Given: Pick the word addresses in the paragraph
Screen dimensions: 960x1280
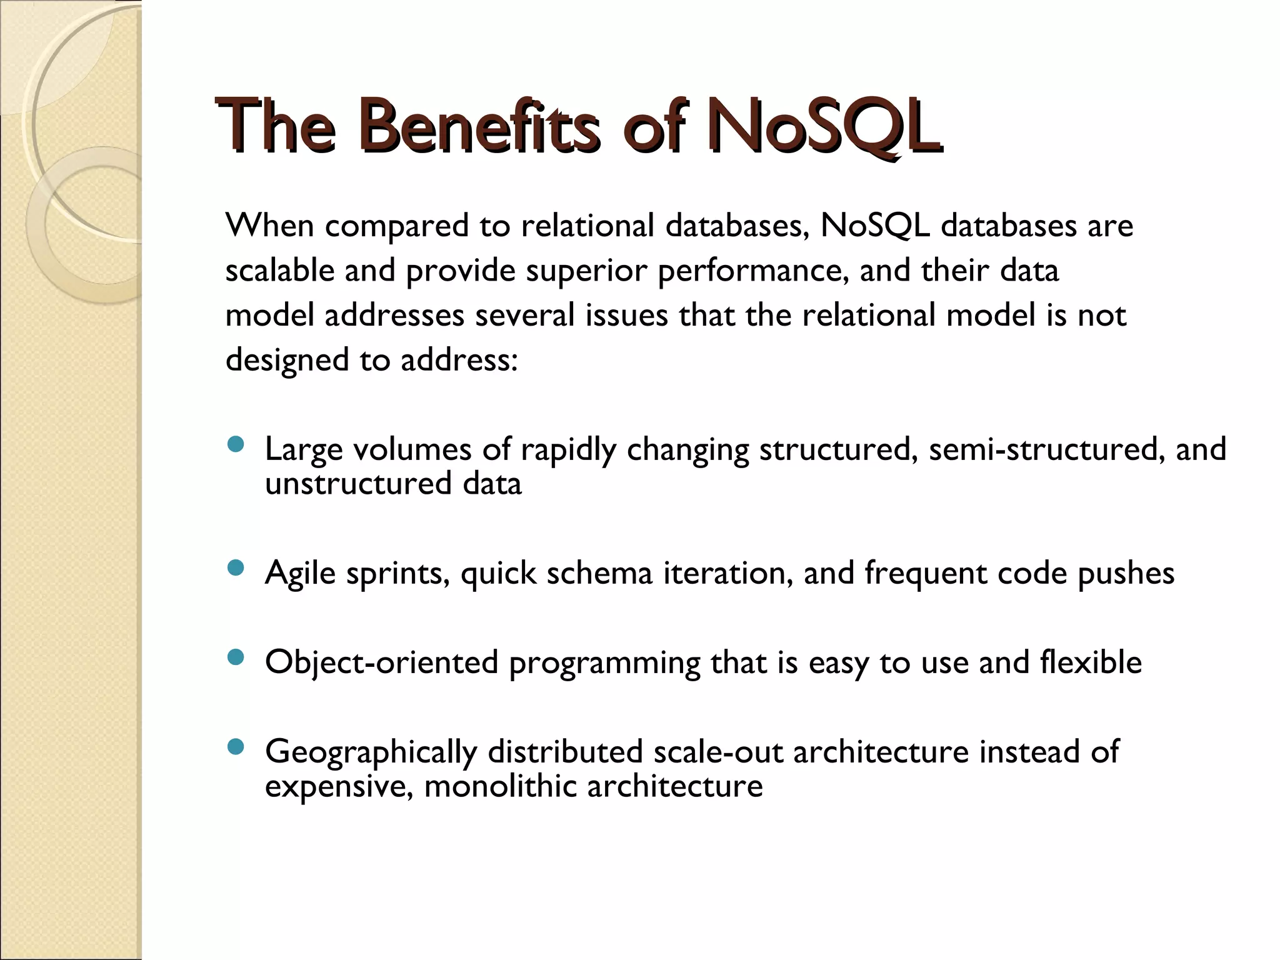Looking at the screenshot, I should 394,315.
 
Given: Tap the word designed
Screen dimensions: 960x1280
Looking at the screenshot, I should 287,361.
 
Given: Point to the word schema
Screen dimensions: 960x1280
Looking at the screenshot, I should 599,572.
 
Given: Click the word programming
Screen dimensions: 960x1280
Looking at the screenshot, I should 604,663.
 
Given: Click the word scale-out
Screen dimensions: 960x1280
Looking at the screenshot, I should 718,751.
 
